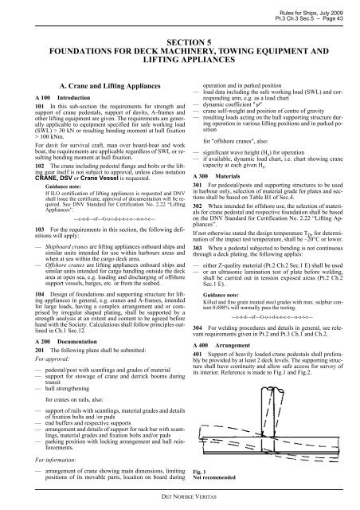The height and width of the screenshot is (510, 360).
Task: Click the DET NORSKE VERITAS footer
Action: tap(180, 496)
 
